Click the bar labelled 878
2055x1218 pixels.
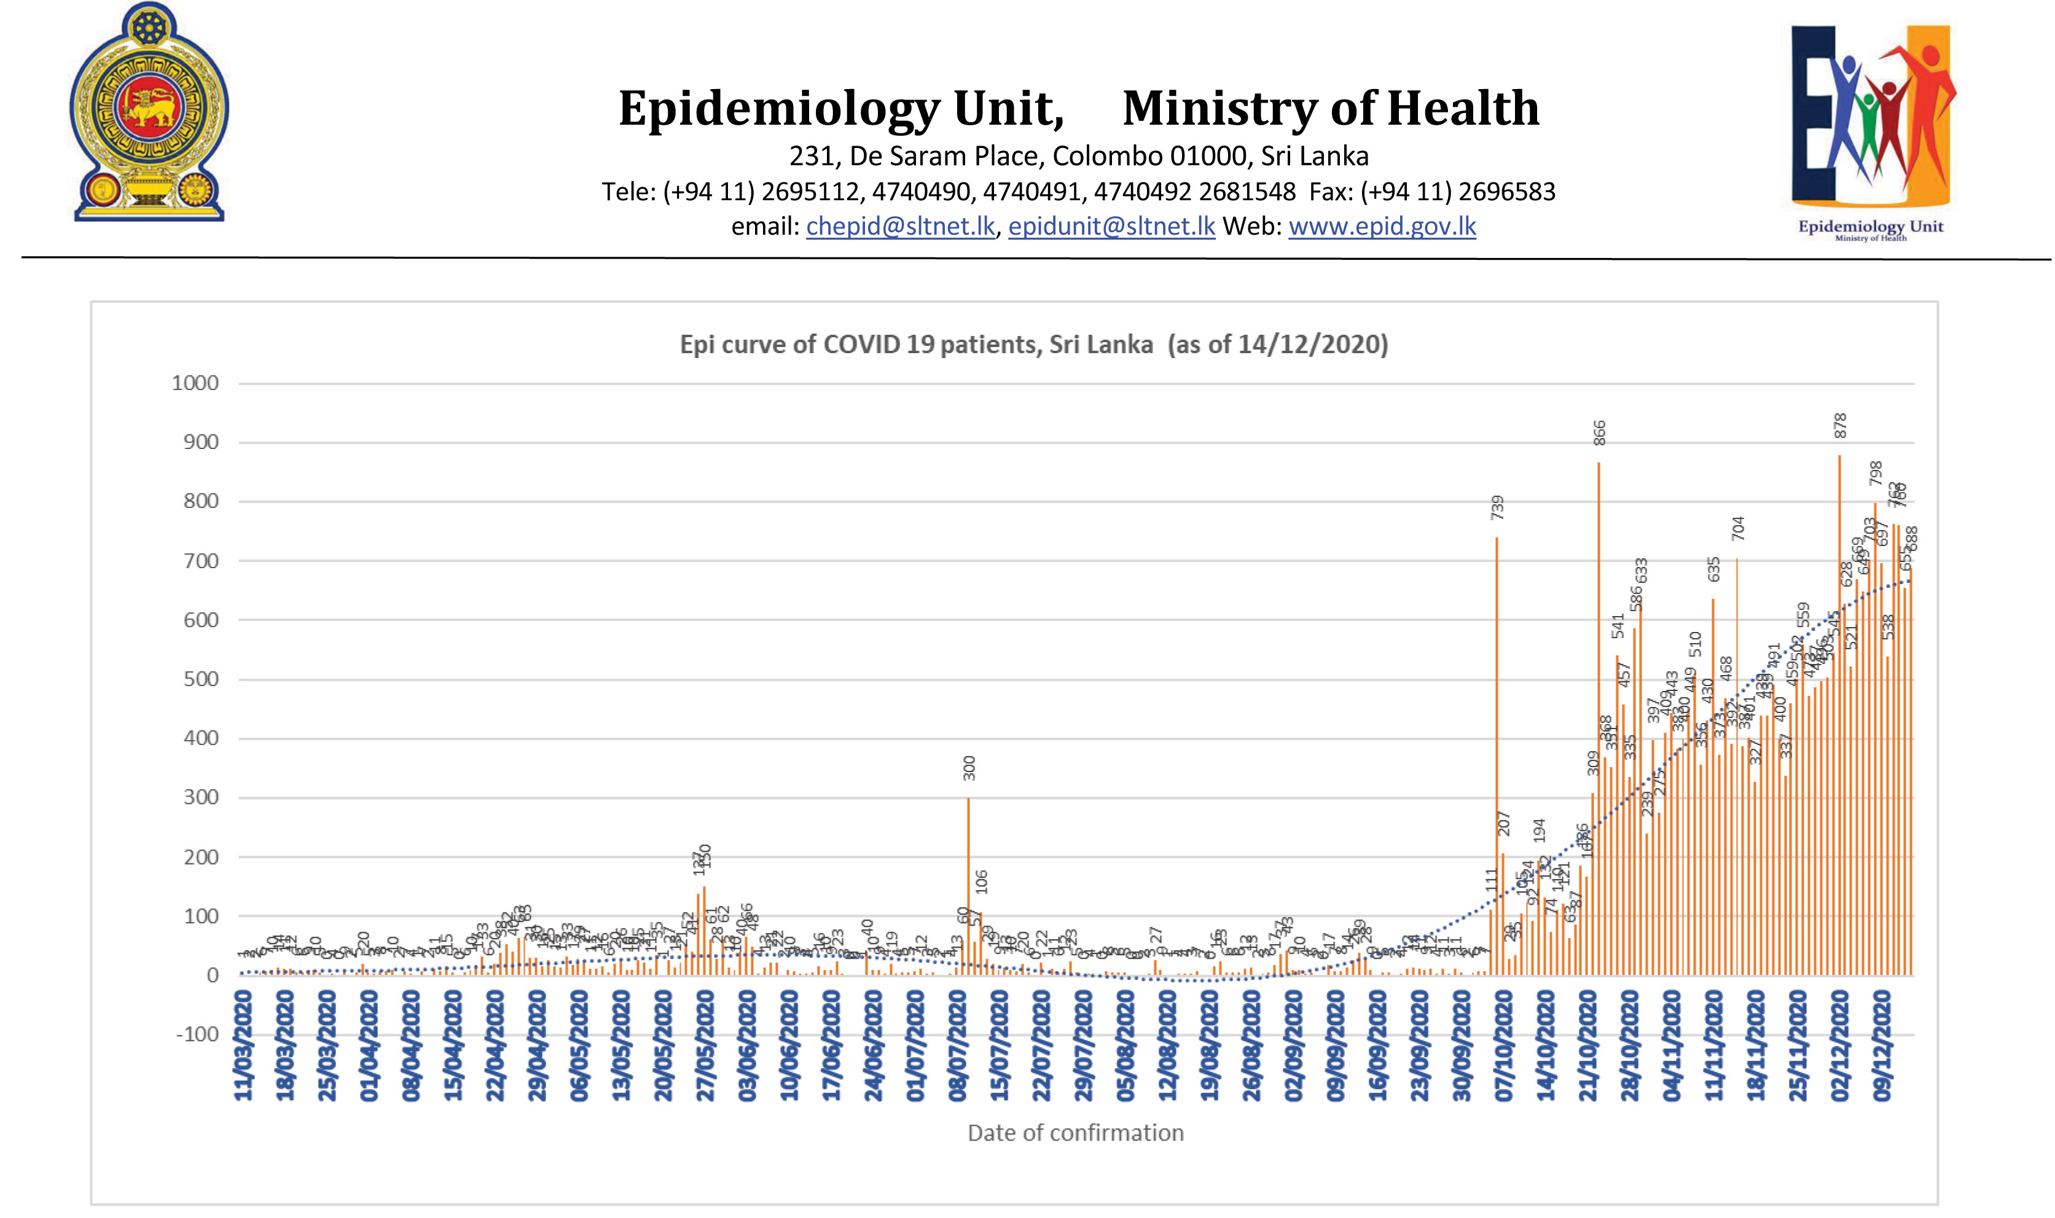pyautogui.click(x=1839, y=714)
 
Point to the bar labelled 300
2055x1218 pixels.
pyautogui.click(x=968, y=886)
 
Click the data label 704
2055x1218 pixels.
pyautogui.click(x=1737, y=528)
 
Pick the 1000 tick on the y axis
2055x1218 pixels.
pyautogui.click(x=195, y=383)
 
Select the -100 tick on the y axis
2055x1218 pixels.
pyautogui.click(x=197, y=1034)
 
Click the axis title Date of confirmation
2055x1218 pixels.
pyautogui.click(x=1075, y=1133)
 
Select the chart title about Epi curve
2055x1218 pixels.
pyautogui.click(x=1033, y=344)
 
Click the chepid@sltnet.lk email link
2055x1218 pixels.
pyautogui.click(x=900, y=227)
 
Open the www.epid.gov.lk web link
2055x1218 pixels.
pyautogui.click(x=1382, y=227)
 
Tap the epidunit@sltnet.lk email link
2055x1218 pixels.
pyautogui.click(x=1111, y=227)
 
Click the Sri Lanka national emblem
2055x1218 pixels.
pyautogui.click(x=149, y=112)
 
